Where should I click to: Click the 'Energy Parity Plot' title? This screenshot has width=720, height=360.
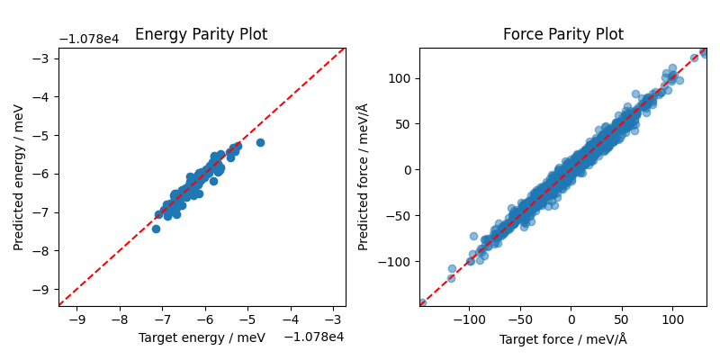click(201, 35)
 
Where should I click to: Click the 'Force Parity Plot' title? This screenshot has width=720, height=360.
click(562, 35)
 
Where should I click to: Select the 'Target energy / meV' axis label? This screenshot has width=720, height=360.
click(201, 337)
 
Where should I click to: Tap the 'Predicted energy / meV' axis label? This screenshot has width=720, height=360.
click(19, 176)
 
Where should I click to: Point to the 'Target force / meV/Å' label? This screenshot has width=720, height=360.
click(562, 338)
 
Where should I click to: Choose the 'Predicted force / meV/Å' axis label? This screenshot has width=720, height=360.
click(363, 176)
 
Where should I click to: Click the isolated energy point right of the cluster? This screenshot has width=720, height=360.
click(260, 142)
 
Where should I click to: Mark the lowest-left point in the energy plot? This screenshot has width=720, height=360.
click(156, 229)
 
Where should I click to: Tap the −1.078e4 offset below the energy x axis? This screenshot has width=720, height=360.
click(314, 337)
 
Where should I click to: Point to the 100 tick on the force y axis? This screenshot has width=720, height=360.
click(400, 78)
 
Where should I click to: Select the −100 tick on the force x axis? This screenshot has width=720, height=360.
click(469, 319)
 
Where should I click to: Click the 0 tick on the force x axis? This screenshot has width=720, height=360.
click(571, 319)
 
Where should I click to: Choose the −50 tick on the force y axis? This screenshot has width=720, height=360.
click(400, 215)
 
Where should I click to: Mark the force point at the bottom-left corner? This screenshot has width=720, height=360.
click(421, 303)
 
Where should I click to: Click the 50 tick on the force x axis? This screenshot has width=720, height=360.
click(621, 319)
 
